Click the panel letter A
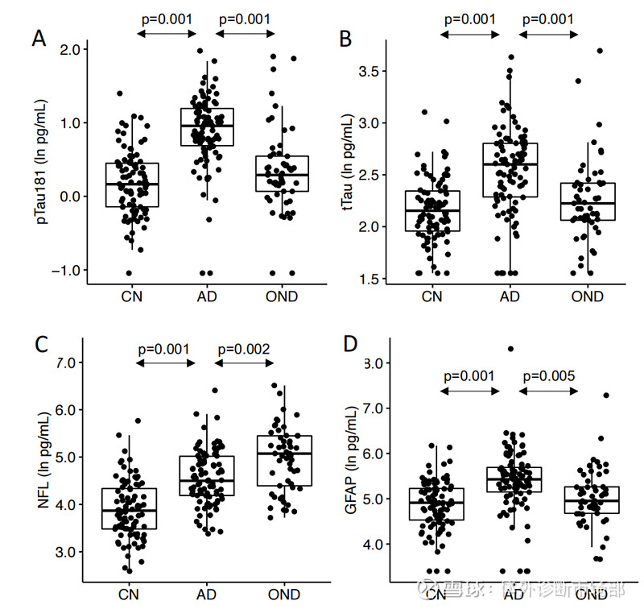[x=39, y=39]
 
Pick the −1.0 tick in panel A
[x=68, y=271]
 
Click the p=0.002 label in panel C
[x=245, y=349]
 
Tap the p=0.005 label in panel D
[x=549, y=376]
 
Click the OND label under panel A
[x=282, y=296]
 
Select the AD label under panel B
[x=510, y=296]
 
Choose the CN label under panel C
[x=129, y=594]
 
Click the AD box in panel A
[x=206, y=126]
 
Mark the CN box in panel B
[x=433, y=210]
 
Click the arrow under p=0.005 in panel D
[x=549, y=391]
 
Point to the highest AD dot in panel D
[x=510, y=349]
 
